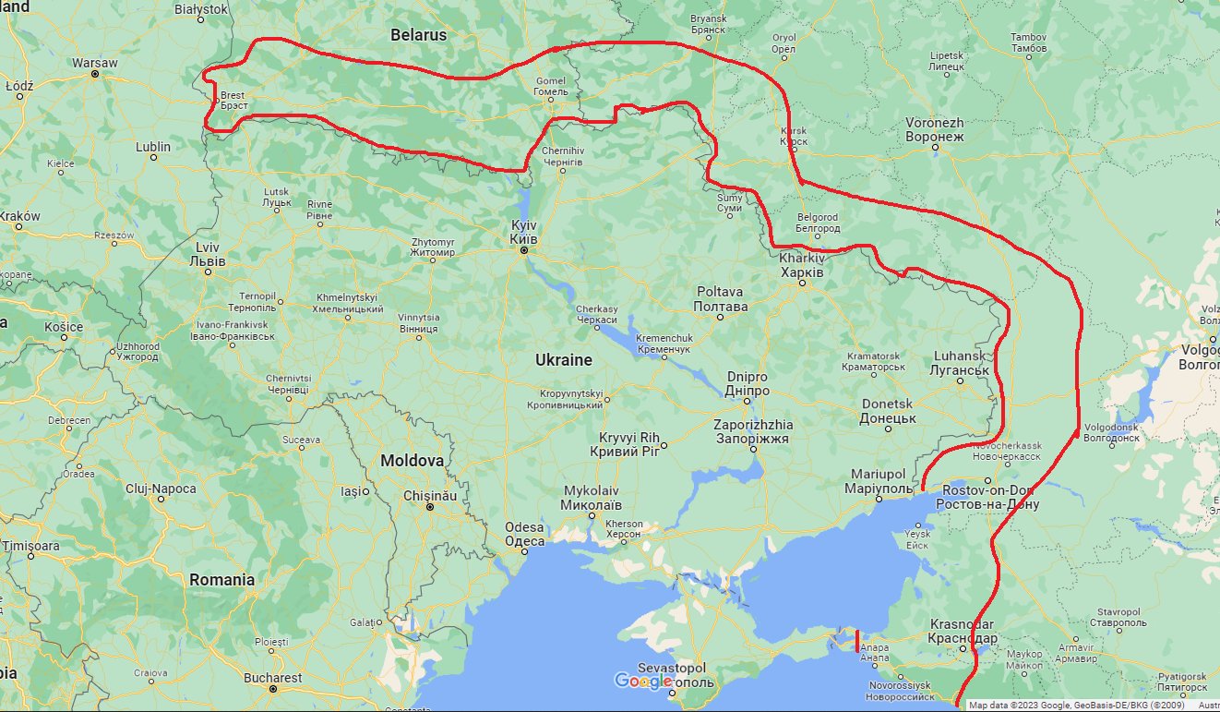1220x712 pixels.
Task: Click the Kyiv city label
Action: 523,232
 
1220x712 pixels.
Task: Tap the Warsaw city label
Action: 95,64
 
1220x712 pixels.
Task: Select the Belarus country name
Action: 418,35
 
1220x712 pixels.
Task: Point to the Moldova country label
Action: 413,460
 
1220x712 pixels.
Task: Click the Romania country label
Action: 221,580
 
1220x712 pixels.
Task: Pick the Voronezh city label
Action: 934,129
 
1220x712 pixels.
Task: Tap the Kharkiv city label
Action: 801,265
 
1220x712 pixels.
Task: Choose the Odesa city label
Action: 524,534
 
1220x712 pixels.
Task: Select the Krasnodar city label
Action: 963,631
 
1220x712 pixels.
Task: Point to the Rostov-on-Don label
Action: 987,498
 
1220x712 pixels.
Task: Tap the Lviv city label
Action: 207,254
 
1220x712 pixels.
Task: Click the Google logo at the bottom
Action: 643,682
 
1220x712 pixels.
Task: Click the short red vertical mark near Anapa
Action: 857,641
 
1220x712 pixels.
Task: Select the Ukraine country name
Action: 564,360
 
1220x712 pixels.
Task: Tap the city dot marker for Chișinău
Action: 429,507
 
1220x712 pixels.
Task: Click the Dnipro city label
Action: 748,384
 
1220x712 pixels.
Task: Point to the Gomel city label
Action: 551,86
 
